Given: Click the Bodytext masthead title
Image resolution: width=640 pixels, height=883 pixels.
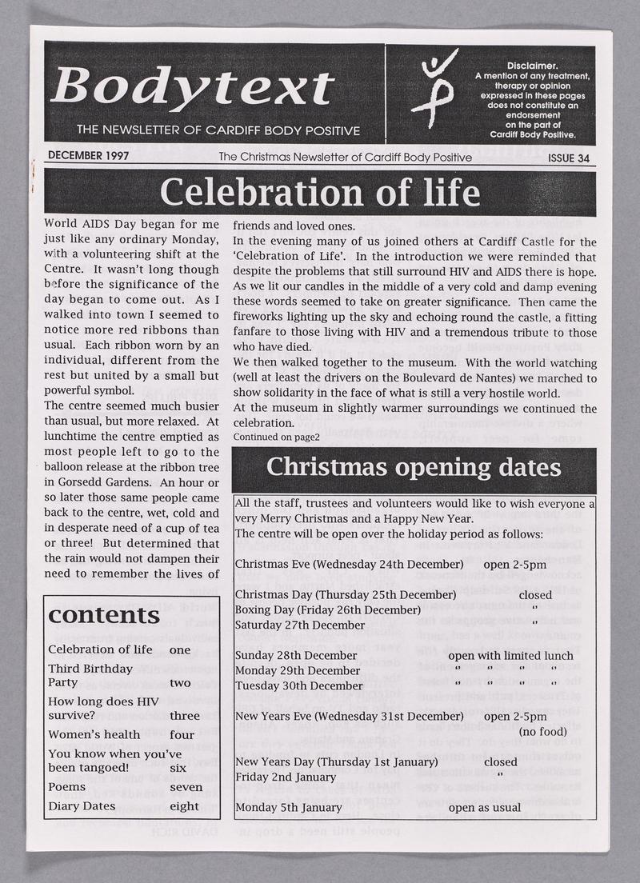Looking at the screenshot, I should point(192,86).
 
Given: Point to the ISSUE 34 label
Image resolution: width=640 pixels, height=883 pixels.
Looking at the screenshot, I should point(569,158).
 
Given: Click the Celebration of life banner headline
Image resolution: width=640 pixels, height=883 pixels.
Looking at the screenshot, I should point(320,194).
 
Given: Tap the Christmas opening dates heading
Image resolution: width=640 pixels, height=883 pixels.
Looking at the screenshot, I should point(414,467).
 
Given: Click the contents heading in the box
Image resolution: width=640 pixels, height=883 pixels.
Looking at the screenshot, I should point(105,615).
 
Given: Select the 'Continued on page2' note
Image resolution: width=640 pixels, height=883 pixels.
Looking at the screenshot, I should point(276,438).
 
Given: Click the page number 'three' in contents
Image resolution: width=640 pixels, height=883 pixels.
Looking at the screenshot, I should point(185,716).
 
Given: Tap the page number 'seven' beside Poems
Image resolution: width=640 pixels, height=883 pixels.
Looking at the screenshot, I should point(186,788).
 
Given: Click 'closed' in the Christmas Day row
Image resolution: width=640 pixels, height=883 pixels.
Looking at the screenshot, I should point(535,595).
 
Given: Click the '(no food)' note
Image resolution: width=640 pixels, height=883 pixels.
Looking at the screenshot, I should point(544,731).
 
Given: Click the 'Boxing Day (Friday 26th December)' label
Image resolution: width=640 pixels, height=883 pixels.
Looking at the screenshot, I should point(328,610).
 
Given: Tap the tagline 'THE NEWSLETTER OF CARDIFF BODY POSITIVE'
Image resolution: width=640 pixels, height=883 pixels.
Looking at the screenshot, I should point(218,130).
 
